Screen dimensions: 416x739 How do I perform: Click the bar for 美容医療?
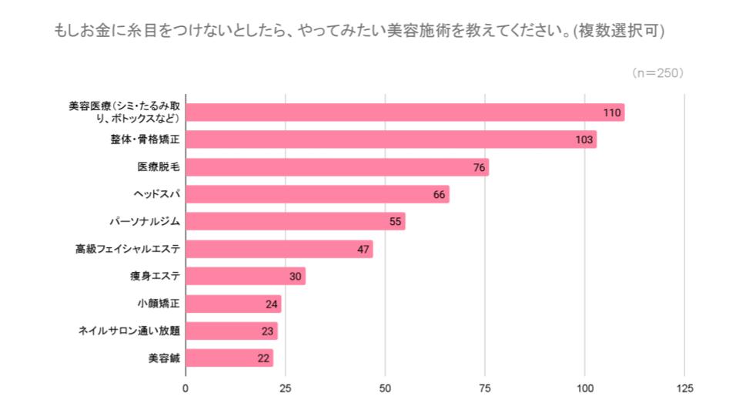coord(404,112)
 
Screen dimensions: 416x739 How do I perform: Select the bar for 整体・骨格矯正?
coord(391,139)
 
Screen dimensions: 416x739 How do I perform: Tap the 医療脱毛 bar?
coord(337,167)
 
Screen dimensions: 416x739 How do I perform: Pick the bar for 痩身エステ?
coord(246,276)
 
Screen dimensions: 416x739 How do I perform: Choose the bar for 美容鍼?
coord(229,358)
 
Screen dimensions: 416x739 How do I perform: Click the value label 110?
coord(612,113)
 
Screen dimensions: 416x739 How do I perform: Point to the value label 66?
coord(440,195)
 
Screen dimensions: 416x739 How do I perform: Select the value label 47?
coord(364,250)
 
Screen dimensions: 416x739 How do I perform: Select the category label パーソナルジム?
coord(145,222)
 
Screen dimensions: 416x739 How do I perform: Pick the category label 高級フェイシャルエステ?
coord(128,249)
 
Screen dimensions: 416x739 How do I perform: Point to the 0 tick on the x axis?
coord(186,388)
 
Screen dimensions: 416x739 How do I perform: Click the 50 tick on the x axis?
coord(385,388)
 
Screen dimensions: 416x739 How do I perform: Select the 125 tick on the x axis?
coord(684,388)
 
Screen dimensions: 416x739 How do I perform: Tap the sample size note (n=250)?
coord(657,73)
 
